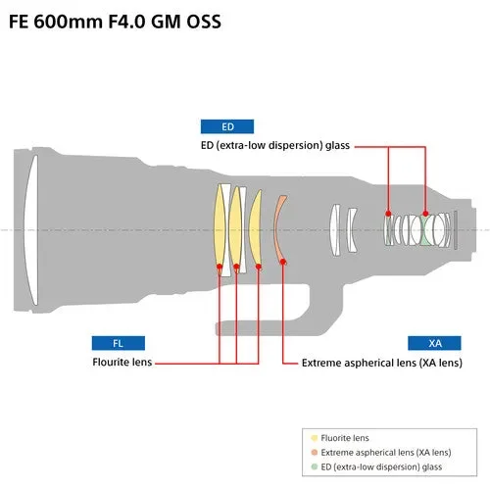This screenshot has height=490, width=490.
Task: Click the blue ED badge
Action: click(x=227, y=126)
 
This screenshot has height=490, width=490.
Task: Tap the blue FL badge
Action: click(x=118, y=343)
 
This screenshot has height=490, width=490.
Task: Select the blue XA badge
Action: click(x=435, y=343)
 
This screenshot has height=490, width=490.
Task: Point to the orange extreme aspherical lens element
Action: click(x=280, y=229)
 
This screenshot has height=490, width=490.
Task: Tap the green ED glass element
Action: click(x=427, y=230)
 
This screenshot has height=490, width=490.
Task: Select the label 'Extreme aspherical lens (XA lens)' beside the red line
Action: click(x=381, y=363)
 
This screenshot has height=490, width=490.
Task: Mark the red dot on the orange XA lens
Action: click(x=283, y=262)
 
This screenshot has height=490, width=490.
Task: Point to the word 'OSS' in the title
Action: click(x=200, y=21)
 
